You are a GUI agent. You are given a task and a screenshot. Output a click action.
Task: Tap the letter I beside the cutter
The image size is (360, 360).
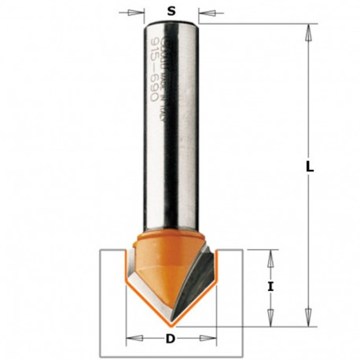[x=270, y=287]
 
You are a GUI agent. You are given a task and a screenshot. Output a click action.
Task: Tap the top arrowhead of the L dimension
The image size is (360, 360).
[x=308, y=29]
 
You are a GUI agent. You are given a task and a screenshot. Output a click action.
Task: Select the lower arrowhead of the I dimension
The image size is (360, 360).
[x=270, y=320]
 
